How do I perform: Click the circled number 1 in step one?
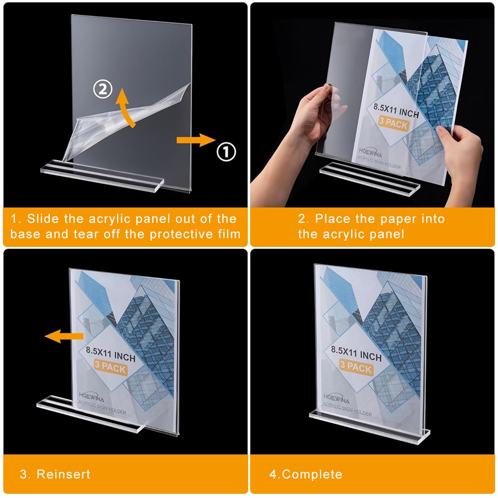[x=226, y=152]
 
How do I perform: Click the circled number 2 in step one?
[x=103, y=89]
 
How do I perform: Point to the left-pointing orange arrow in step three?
[x=64, y=336]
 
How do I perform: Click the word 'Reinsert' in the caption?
[x=63, y=474]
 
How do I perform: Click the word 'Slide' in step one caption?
[x=44, y=219]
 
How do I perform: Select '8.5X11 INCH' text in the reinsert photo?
[x=110, y=353]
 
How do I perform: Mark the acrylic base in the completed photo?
[x=369, y=423]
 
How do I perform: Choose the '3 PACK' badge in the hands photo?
[x=393, y=123]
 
